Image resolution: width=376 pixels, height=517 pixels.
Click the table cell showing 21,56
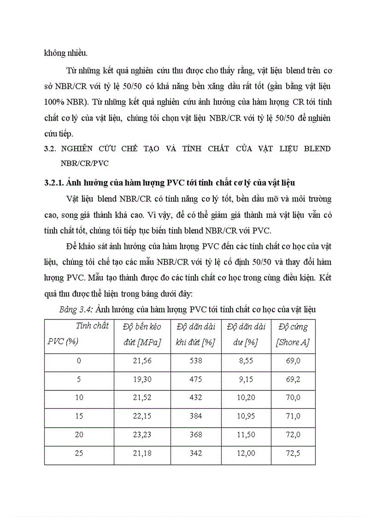[142, 361]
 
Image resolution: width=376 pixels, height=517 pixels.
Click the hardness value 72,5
[293, 453]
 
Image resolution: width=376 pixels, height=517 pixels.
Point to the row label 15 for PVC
[79, 416]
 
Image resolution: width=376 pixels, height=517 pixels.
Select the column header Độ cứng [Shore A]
[293, 335]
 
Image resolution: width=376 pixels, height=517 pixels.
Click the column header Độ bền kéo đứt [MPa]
[142, 335]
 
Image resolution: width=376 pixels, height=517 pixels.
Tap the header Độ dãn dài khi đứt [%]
[196, 335]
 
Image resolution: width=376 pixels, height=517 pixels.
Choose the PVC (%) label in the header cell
[62, 342]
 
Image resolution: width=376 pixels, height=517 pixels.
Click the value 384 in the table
[196, 416]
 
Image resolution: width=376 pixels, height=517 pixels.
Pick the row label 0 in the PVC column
[79, 361]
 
